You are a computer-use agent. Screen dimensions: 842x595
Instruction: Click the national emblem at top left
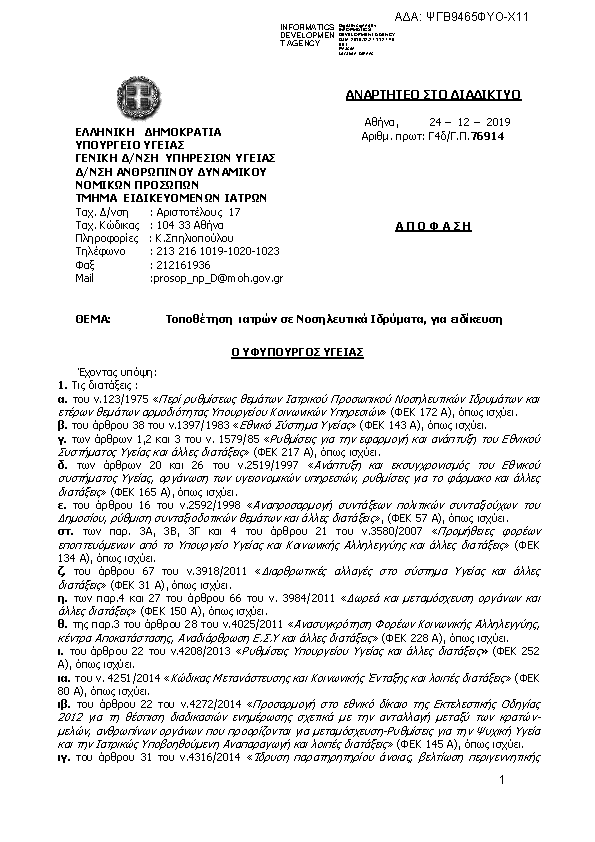133,95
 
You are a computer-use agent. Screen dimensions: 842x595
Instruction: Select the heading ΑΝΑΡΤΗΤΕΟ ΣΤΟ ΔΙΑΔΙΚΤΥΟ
433,95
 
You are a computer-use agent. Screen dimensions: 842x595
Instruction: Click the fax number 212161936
181,265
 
